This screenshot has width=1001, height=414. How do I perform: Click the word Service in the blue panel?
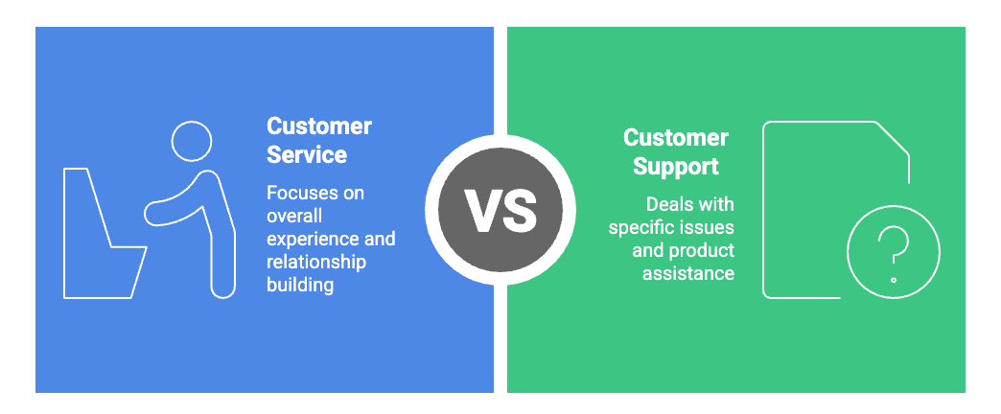click(307, 153)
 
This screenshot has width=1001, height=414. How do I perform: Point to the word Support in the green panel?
click(676, 166)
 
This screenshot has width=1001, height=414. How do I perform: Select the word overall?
click(294, 216)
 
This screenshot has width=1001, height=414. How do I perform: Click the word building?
click(300, 285)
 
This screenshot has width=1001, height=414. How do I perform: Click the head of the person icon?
click(191, 142)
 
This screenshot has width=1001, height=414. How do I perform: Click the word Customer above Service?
click(319, 126)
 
